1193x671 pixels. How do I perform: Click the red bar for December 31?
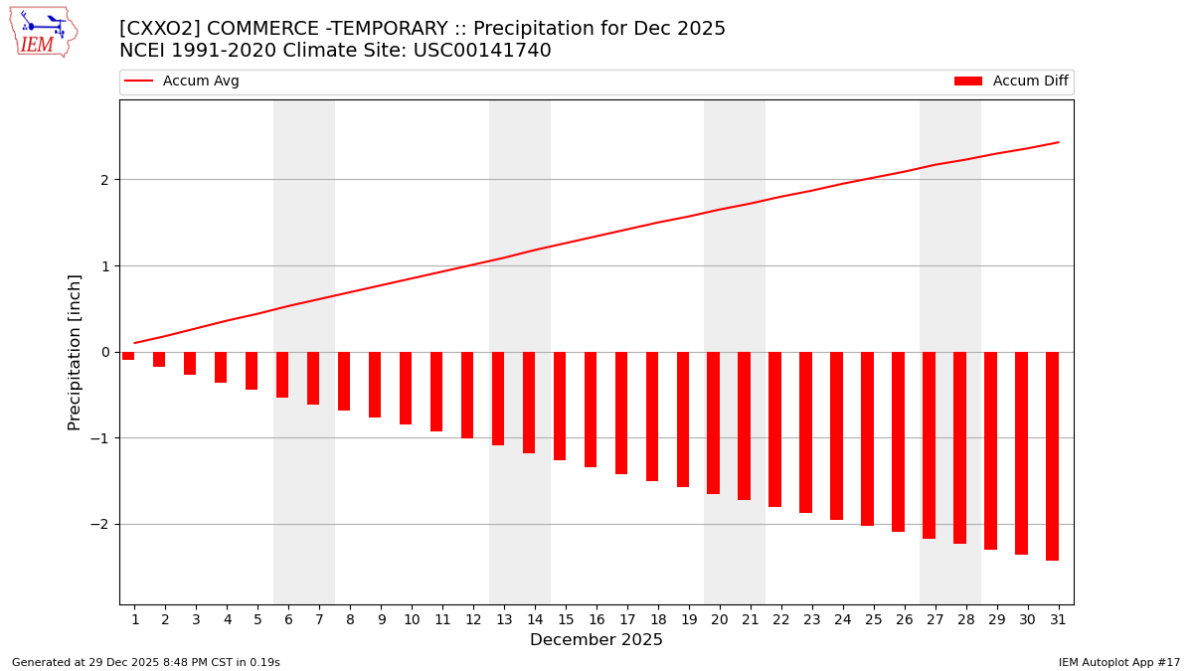pos(1052,455)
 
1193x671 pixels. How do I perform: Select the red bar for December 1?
pos(128,356)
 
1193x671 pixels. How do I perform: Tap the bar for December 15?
pos(560,406)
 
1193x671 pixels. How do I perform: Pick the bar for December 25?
pos(867,438)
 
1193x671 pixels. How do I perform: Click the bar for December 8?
pos(344,381)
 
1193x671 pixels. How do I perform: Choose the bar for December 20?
pos(713,422)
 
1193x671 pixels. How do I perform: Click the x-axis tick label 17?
pos(621,619)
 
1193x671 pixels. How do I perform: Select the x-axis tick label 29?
pos(990,619)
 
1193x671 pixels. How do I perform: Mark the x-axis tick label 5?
pos(257,619)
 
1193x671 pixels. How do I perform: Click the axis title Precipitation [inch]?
pos(75,352)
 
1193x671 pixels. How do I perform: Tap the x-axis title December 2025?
pos(596,640)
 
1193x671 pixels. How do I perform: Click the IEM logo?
pos(43,32)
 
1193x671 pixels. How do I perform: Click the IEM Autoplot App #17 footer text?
pos(1119,662)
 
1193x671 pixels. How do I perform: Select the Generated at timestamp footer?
pos(146,662)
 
